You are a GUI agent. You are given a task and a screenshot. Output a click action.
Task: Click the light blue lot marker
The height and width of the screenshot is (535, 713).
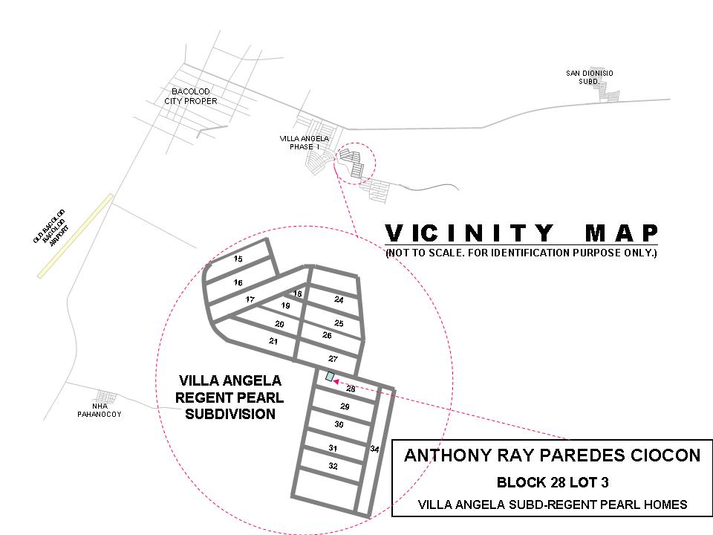[x=330, y=376]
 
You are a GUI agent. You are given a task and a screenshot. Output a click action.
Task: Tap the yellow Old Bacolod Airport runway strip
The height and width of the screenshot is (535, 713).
[x=75, y=236]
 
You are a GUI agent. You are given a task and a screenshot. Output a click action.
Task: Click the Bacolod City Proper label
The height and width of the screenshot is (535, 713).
[x=191, y=96]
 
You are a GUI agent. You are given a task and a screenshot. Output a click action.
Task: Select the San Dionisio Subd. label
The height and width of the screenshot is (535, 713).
[x=589, y=77]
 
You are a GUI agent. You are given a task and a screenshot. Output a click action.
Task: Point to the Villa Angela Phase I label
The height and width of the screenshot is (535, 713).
[x=305, y=143]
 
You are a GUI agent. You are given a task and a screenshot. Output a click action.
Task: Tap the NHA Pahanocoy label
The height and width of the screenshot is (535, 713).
[x=99, y=410]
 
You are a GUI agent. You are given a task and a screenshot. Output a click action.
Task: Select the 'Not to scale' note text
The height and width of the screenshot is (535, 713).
[x=521, y=253]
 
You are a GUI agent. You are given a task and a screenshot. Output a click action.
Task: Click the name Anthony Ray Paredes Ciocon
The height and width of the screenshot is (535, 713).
[x=552, y=455]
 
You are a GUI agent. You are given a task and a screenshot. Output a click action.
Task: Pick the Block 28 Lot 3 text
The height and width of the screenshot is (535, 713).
[x=553, y=482]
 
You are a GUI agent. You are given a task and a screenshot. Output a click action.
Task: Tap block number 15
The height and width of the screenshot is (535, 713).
[x=238, y=259]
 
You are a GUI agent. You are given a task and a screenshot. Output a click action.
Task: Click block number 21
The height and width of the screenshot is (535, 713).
[x=273, y=341]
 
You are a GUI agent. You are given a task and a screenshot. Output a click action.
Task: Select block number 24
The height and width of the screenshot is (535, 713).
[x=339, y=299]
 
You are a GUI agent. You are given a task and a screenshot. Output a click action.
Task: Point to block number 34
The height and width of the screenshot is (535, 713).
[x=374, y=449]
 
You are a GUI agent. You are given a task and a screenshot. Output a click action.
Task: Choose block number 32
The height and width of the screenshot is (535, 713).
[x=333, y=466]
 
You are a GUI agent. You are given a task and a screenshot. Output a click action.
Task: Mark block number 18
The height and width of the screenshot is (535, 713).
[x=297, y=294]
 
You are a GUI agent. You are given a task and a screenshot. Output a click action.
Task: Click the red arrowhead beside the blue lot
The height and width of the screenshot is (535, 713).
[x=336, y=382]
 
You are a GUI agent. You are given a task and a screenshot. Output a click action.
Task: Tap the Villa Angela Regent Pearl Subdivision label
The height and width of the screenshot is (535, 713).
[x=229, y=397]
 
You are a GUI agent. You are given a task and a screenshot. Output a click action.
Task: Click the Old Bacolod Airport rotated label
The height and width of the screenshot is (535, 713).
[x=51, y=228]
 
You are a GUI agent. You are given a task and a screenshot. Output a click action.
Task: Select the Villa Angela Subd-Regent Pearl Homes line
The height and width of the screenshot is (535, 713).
[x=553, y=505]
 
